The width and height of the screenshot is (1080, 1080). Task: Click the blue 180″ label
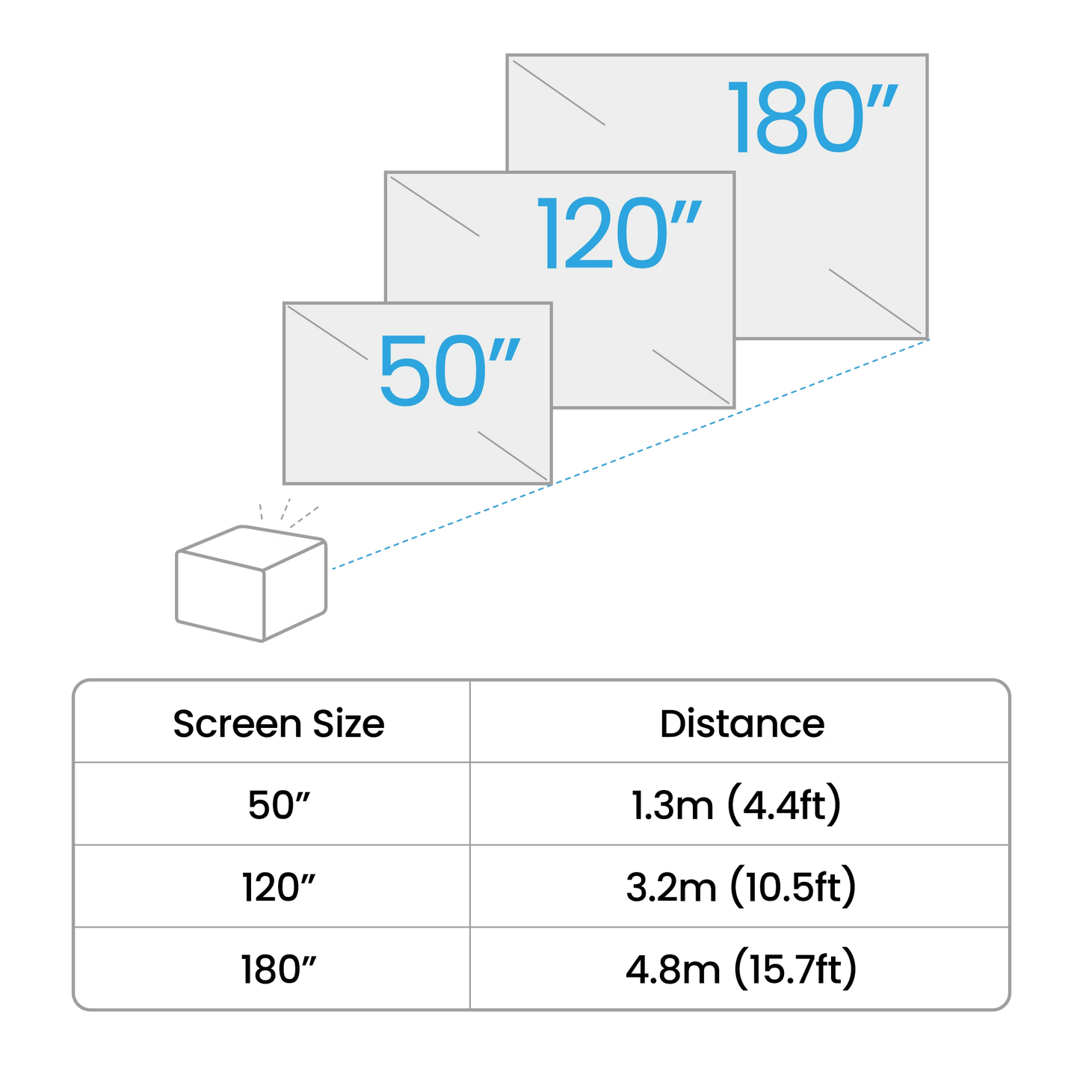coord(812,117)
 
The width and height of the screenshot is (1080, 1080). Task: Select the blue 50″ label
coord(447,371)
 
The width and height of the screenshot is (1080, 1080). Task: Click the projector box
coord(251,584)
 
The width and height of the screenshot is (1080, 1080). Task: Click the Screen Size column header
coord(277,723)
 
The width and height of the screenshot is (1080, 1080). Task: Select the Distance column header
coord(741,723)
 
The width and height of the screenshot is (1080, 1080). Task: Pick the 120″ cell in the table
coord(277,888)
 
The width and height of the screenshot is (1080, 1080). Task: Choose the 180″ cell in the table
coord(277,970)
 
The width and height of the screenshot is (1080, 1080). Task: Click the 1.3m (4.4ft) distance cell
coord(737,806)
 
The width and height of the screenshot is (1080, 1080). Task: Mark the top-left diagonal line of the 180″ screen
coord(558,93)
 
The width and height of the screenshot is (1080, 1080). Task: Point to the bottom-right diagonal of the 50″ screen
coord(513,456)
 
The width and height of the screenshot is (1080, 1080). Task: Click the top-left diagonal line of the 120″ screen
coord(431,206)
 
